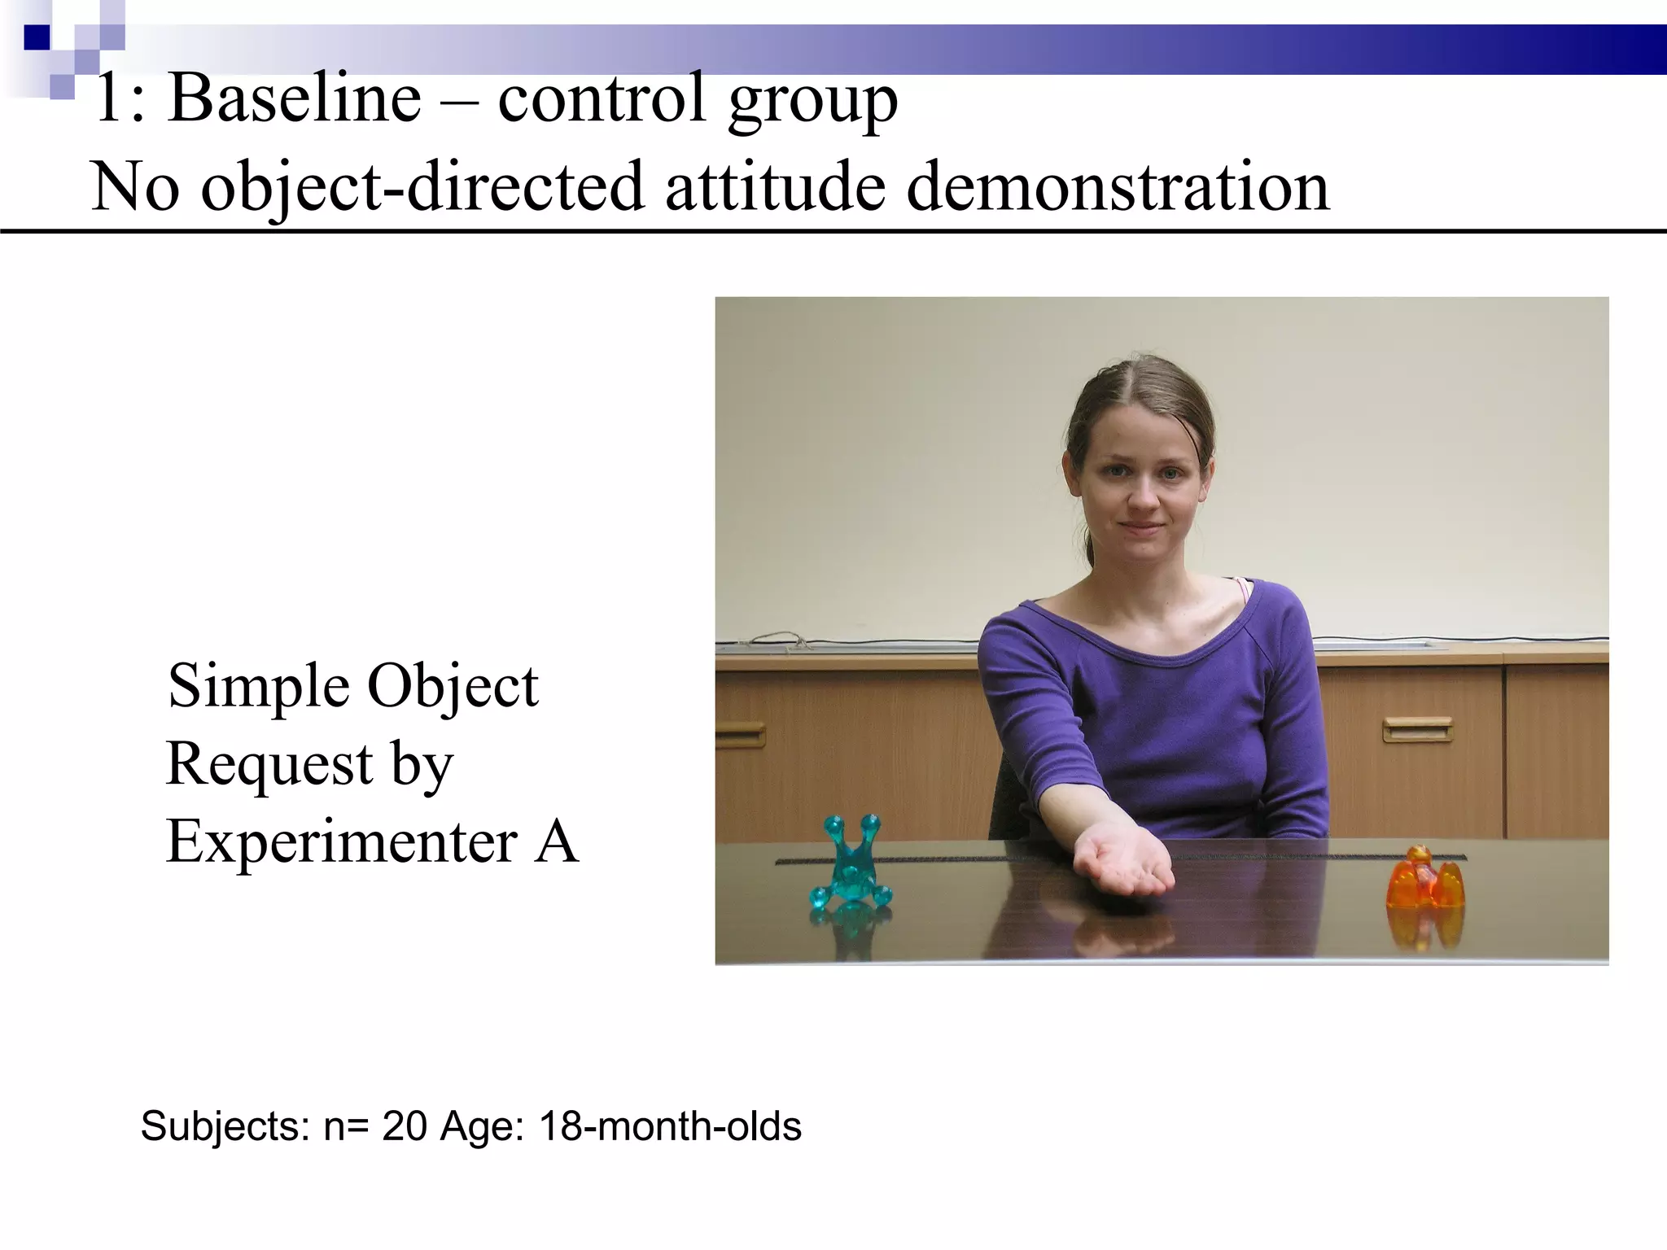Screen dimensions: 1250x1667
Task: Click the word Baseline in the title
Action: click(x=294, y=99)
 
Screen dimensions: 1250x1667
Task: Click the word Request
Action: click(x=269, y=765)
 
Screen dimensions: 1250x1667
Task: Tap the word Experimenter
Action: click(x=342, y=841)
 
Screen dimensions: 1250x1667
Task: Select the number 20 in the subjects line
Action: click(x=405, y=1127)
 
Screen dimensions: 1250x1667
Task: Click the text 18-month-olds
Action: click(x=670, y=1127)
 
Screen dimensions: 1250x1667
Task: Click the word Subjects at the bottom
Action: click(x=225, y=1127)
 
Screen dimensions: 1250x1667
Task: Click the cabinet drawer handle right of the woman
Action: click(x=1417, y=729)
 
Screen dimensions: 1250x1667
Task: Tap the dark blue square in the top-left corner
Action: click(x=37, y=37)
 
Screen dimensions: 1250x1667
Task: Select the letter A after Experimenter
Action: click(x=557, y=841)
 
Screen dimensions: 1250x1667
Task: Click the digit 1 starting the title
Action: click(x=108, y=99)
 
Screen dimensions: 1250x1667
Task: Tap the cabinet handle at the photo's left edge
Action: click(x=739, y=736)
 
